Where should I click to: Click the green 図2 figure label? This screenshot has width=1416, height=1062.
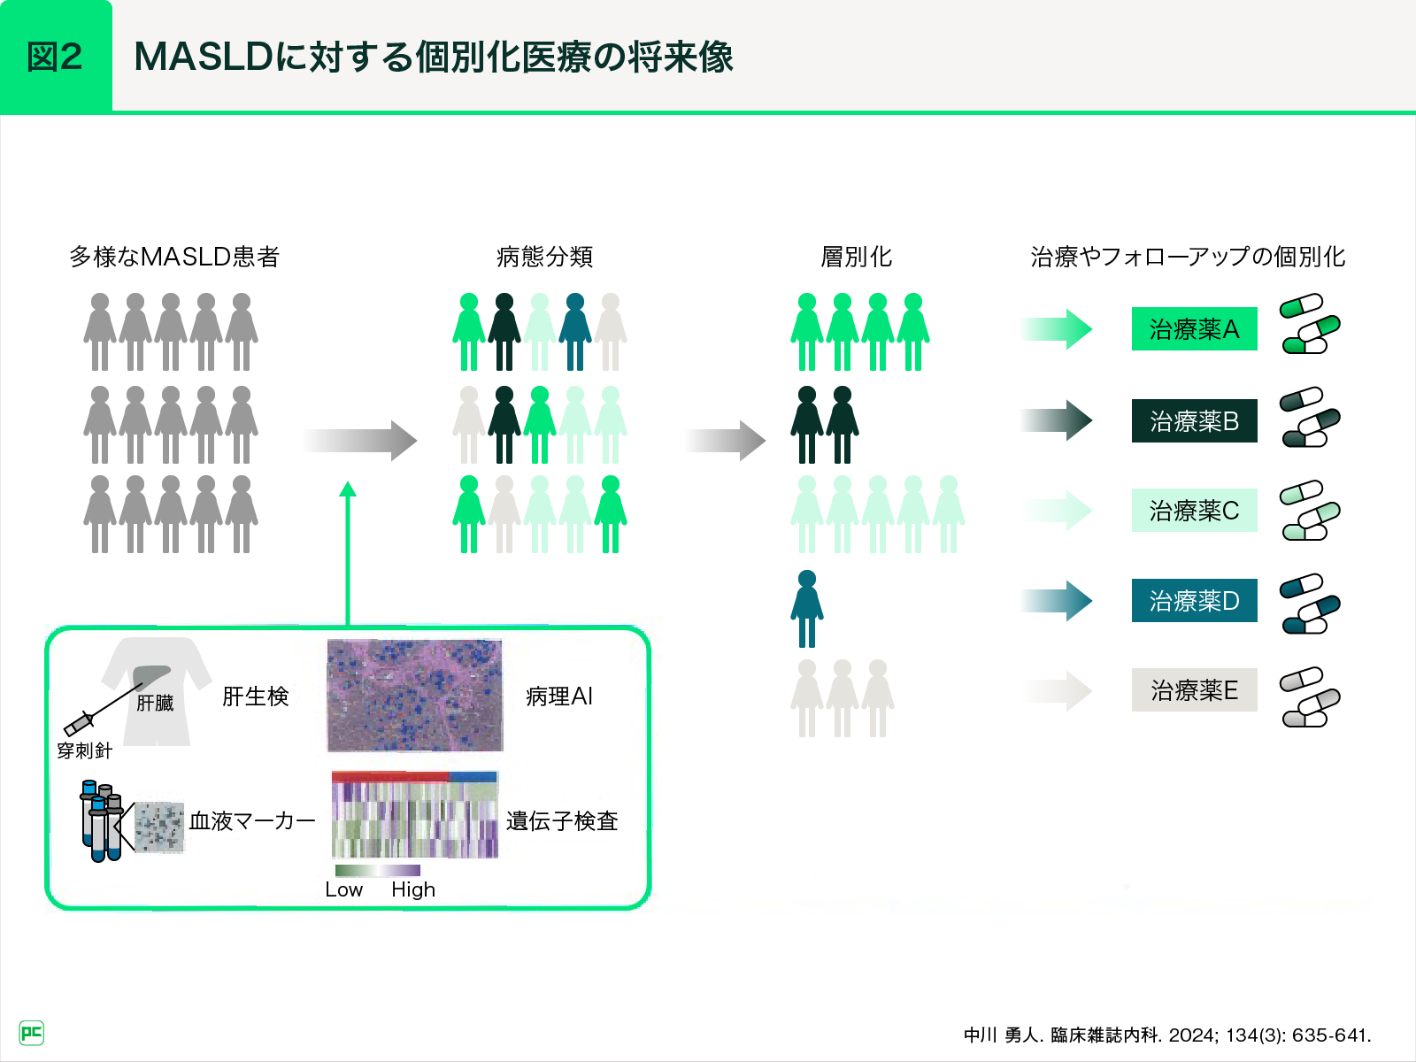(x=56, y=57)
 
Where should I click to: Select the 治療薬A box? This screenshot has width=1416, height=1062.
(x=1194, y=329)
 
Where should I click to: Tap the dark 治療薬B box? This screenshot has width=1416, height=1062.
(x=1194, y=421)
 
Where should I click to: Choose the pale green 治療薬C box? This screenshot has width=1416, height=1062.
(x=1194, y=511)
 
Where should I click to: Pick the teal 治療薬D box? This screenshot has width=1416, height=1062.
(x=1194, y=601)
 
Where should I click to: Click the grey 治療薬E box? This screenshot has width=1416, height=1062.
(x=1194, y=690)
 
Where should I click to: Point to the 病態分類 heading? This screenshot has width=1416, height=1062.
(x=544, y=257)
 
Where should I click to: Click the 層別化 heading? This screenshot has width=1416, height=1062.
(x=856, y=257)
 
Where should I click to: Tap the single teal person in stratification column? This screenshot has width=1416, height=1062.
(x=806, y=609)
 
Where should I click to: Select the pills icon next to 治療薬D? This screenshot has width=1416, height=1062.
(x=1310, y=603)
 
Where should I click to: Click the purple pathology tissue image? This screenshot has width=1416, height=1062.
(x=414, y=696)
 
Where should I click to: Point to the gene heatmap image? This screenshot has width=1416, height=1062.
(x=414, y=815)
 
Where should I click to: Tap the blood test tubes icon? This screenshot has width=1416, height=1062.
(x=101, y=820)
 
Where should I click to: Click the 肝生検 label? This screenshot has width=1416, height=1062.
(x=255, y=696)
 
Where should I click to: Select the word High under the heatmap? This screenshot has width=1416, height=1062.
(x=413, y=889)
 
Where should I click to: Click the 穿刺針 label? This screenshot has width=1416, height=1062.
(x=84, y=750)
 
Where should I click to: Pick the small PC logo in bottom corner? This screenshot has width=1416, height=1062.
(x=31, y=1033)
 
